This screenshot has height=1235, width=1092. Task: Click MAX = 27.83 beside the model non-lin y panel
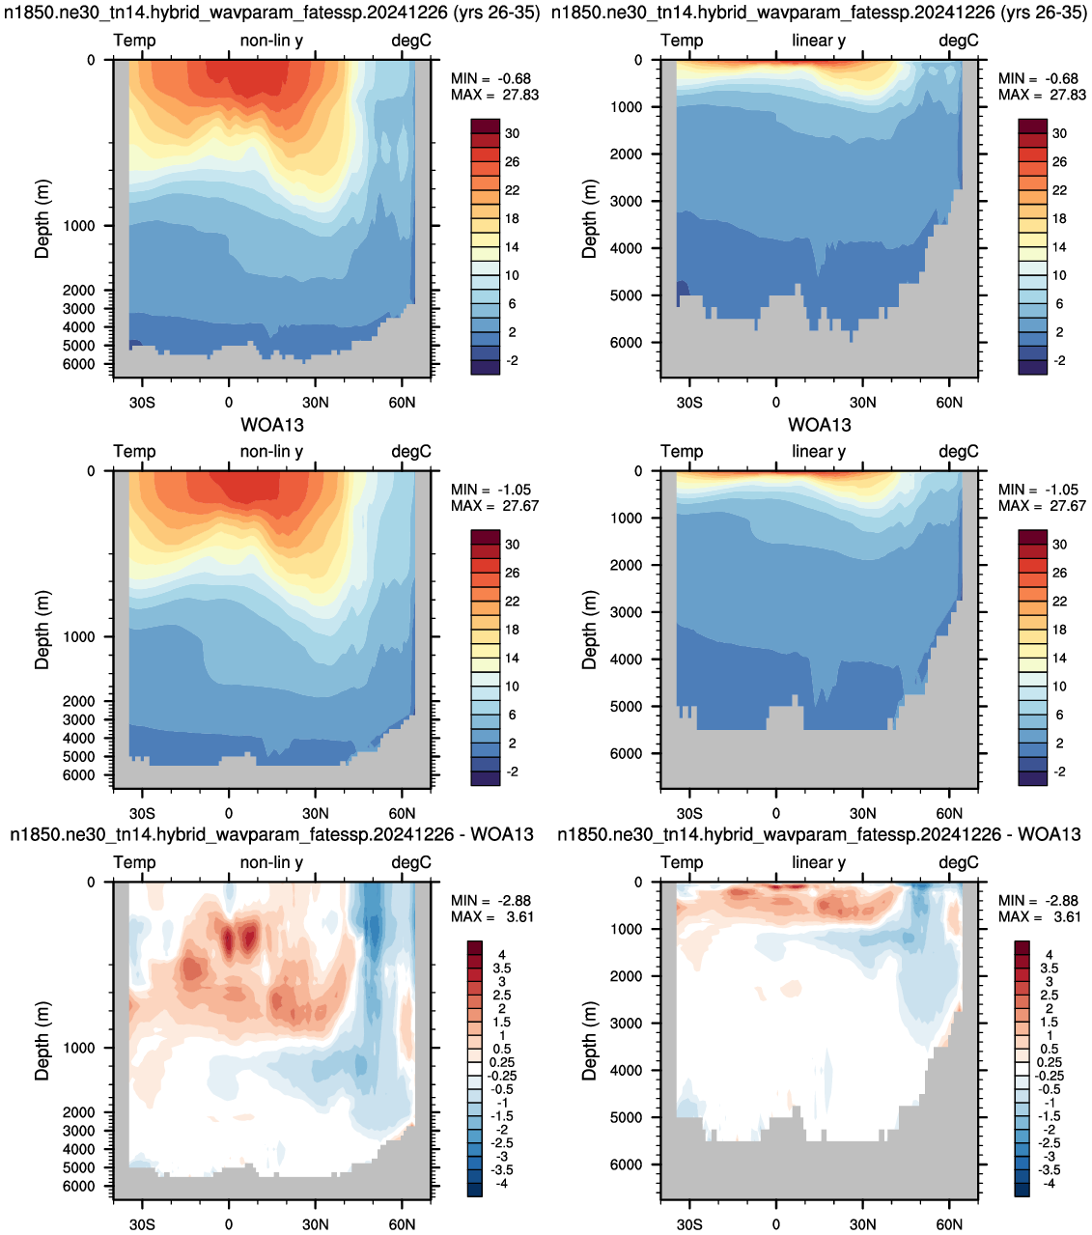coord(494,95)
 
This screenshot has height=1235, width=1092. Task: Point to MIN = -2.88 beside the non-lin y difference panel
coord(491,900)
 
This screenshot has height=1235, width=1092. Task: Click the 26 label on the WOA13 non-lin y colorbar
coord(512,573)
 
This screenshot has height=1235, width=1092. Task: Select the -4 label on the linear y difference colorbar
coord(1050,1183)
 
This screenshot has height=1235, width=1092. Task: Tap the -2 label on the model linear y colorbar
coord(1060,360)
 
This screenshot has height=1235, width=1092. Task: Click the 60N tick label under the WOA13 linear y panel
coord(949,813)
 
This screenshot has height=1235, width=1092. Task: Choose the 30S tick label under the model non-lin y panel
coord(142,403)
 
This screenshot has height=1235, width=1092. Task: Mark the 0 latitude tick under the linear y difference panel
coord(775,1224)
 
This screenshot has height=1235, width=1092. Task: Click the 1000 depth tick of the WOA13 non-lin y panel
coord(79,636)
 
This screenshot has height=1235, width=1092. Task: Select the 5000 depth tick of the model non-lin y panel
coord(79,346)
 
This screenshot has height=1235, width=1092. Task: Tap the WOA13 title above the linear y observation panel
coord(820,425)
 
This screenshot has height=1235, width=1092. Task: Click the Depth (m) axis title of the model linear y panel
coord(589,219)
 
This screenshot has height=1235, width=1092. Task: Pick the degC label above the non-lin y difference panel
coord(411,862)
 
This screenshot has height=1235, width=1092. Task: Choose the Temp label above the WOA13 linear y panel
coord(682,452)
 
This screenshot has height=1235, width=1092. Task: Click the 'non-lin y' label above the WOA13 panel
coord(271,452)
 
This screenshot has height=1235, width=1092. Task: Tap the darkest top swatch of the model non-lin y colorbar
coord(486,126)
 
